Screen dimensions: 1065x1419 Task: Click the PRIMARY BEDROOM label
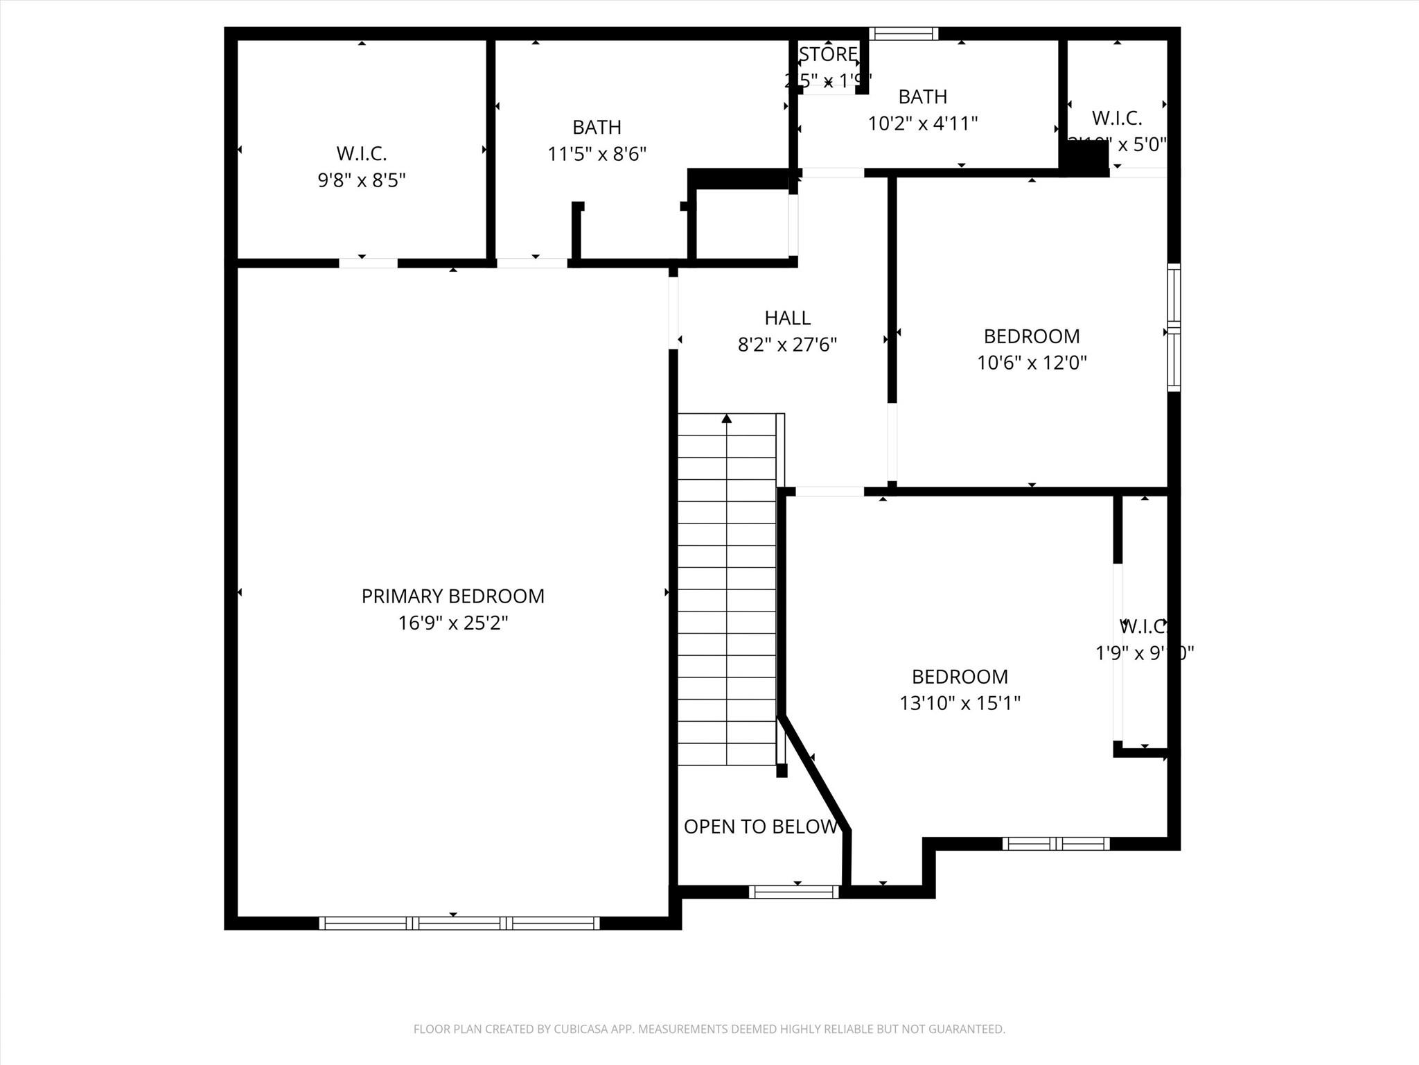(452, 596)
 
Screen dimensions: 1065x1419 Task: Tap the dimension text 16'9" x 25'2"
(452, 623)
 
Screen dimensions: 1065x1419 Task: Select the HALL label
(787, 318)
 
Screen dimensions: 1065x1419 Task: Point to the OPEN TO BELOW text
(760, 826)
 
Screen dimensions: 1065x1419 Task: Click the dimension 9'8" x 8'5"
(361, 180)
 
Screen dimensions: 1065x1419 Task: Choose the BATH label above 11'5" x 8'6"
(597, 127)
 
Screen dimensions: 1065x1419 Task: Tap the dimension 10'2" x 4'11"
(922, 123)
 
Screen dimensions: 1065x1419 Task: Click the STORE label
(828, 54)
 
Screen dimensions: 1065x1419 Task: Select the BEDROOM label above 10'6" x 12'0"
(1031, 336)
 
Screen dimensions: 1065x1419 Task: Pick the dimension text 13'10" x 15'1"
(960, 703)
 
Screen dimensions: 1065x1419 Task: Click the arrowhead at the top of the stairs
(726, 418)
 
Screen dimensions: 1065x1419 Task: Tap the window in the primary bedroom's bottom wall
(459, 923)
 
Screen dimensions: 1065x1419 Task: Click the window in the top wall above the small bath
(904, 33)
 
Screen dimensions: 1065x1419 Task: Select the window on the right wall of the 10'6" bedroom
(1173, 327)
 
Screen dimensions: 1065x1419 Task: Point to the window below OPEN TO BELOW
(794, 892)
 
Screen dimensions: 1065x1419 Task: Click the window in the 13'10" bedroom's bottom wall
(1055, 844)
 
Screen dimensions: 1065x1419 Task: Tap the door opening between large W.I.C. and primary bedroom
(368, 263)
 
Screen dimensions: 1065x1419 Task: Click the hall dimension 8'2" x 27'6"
(787, 344)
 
